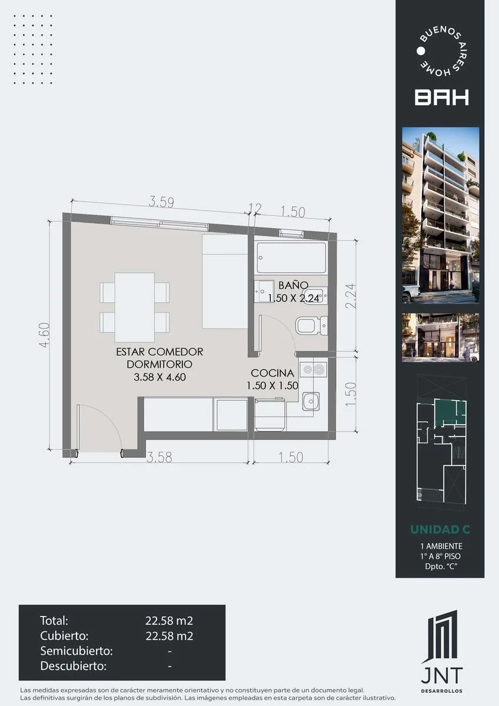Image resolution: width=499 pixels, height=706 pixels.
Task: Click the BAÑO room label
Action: pos(293,285)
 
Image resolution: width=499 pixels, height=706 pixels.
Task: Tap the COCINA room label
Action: pos(272,373)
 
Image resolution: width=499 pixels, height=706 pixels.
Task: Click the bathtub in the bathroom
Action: pos(291,257)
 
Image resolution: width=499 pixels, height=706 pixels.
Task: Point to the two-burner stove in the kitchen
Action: pos(313,369)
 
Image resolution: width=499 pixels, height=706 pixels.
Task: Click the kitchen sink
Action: pos(311,401)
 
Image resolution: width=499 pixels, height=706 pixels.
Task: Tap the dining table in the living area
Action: pos(135,307)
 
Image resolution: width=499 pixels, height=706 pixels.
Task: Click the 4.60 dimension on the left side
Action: pos(45,335)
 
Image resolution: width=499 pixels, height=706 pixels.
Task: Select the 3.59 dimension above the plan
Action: pos(161,202)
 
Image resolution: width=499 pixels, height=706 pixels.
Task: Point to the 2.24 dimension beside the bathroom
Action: pos(351,296)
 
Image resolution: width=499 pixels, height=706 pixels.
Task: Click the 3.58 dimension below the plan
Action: pos(159,457)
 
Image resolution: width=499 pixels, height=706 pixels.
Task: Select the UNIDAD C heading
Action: pos(440,529)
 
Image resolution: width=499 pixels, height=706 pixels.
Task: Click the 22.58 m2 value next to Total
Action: pos(169,621)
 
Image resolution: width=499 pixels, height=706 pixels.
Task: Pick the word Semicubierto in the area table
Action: pos(76,651)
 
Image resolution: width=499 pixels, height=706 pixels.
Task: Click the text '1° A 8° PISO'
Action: pos(440,557)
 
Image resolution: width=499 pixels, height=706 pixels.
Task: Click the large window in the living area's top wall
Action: pos(159,224)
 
